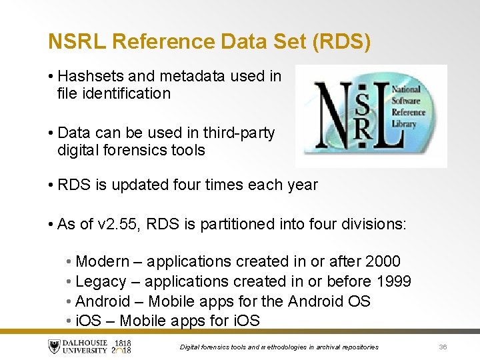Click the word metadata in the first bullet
(189, 76)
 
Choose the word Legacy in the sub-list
(100, 281)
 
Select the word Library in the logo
(404, 123)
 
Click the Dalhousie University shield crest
(55, 347)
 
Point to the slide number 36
(443, 347)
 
